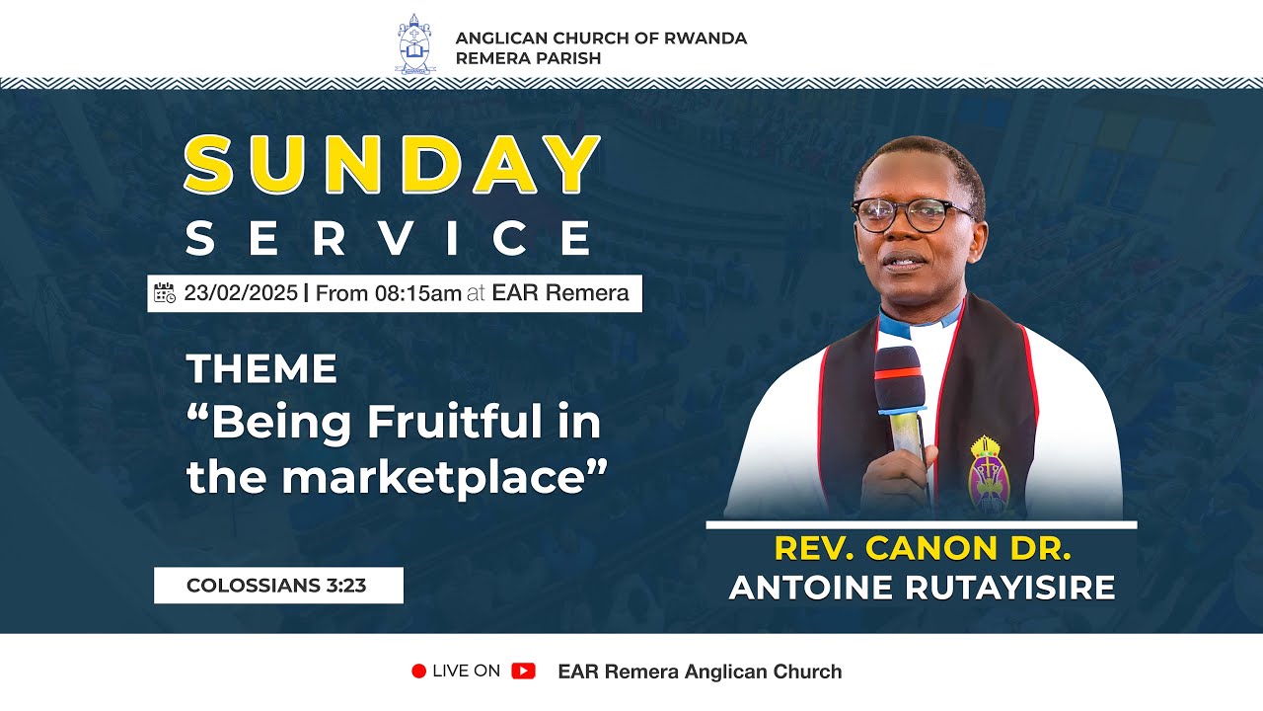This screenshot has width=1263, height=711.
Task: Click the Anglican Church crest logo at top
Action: point(414,43)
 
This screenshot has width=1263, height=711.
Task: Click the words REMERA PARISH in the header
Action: point(528,58)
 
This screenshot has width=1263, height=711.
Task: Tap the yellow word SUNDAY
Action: point(393,165)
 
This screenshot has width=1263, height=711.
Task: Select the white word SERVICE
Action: point(390,239)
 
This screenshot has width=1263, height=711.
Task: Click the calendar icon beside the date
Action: point(165,292)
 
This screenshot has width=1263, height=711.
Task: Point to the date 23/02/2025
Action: point(240,293)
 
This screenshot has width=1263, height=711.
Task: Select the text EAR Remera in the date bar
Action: point(560,293)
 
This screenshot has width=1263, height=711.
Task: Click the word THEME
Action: point(261,369)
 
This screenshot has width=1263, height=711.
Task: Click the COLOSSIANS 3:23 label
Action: point(276,585)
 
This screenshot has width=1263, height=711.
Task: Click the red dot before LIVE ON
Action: point(418,671)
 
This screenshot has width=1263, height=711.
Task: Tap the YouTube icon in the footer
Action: point(523,671)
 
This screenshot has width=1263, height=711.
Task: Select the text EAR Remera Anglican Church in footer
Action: point(700,671)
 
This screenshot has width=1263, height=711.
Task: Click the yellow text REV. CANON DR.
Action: point(922,548)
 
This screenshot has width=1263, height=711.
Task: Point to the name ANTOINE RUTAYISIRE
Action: point(922,587)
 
